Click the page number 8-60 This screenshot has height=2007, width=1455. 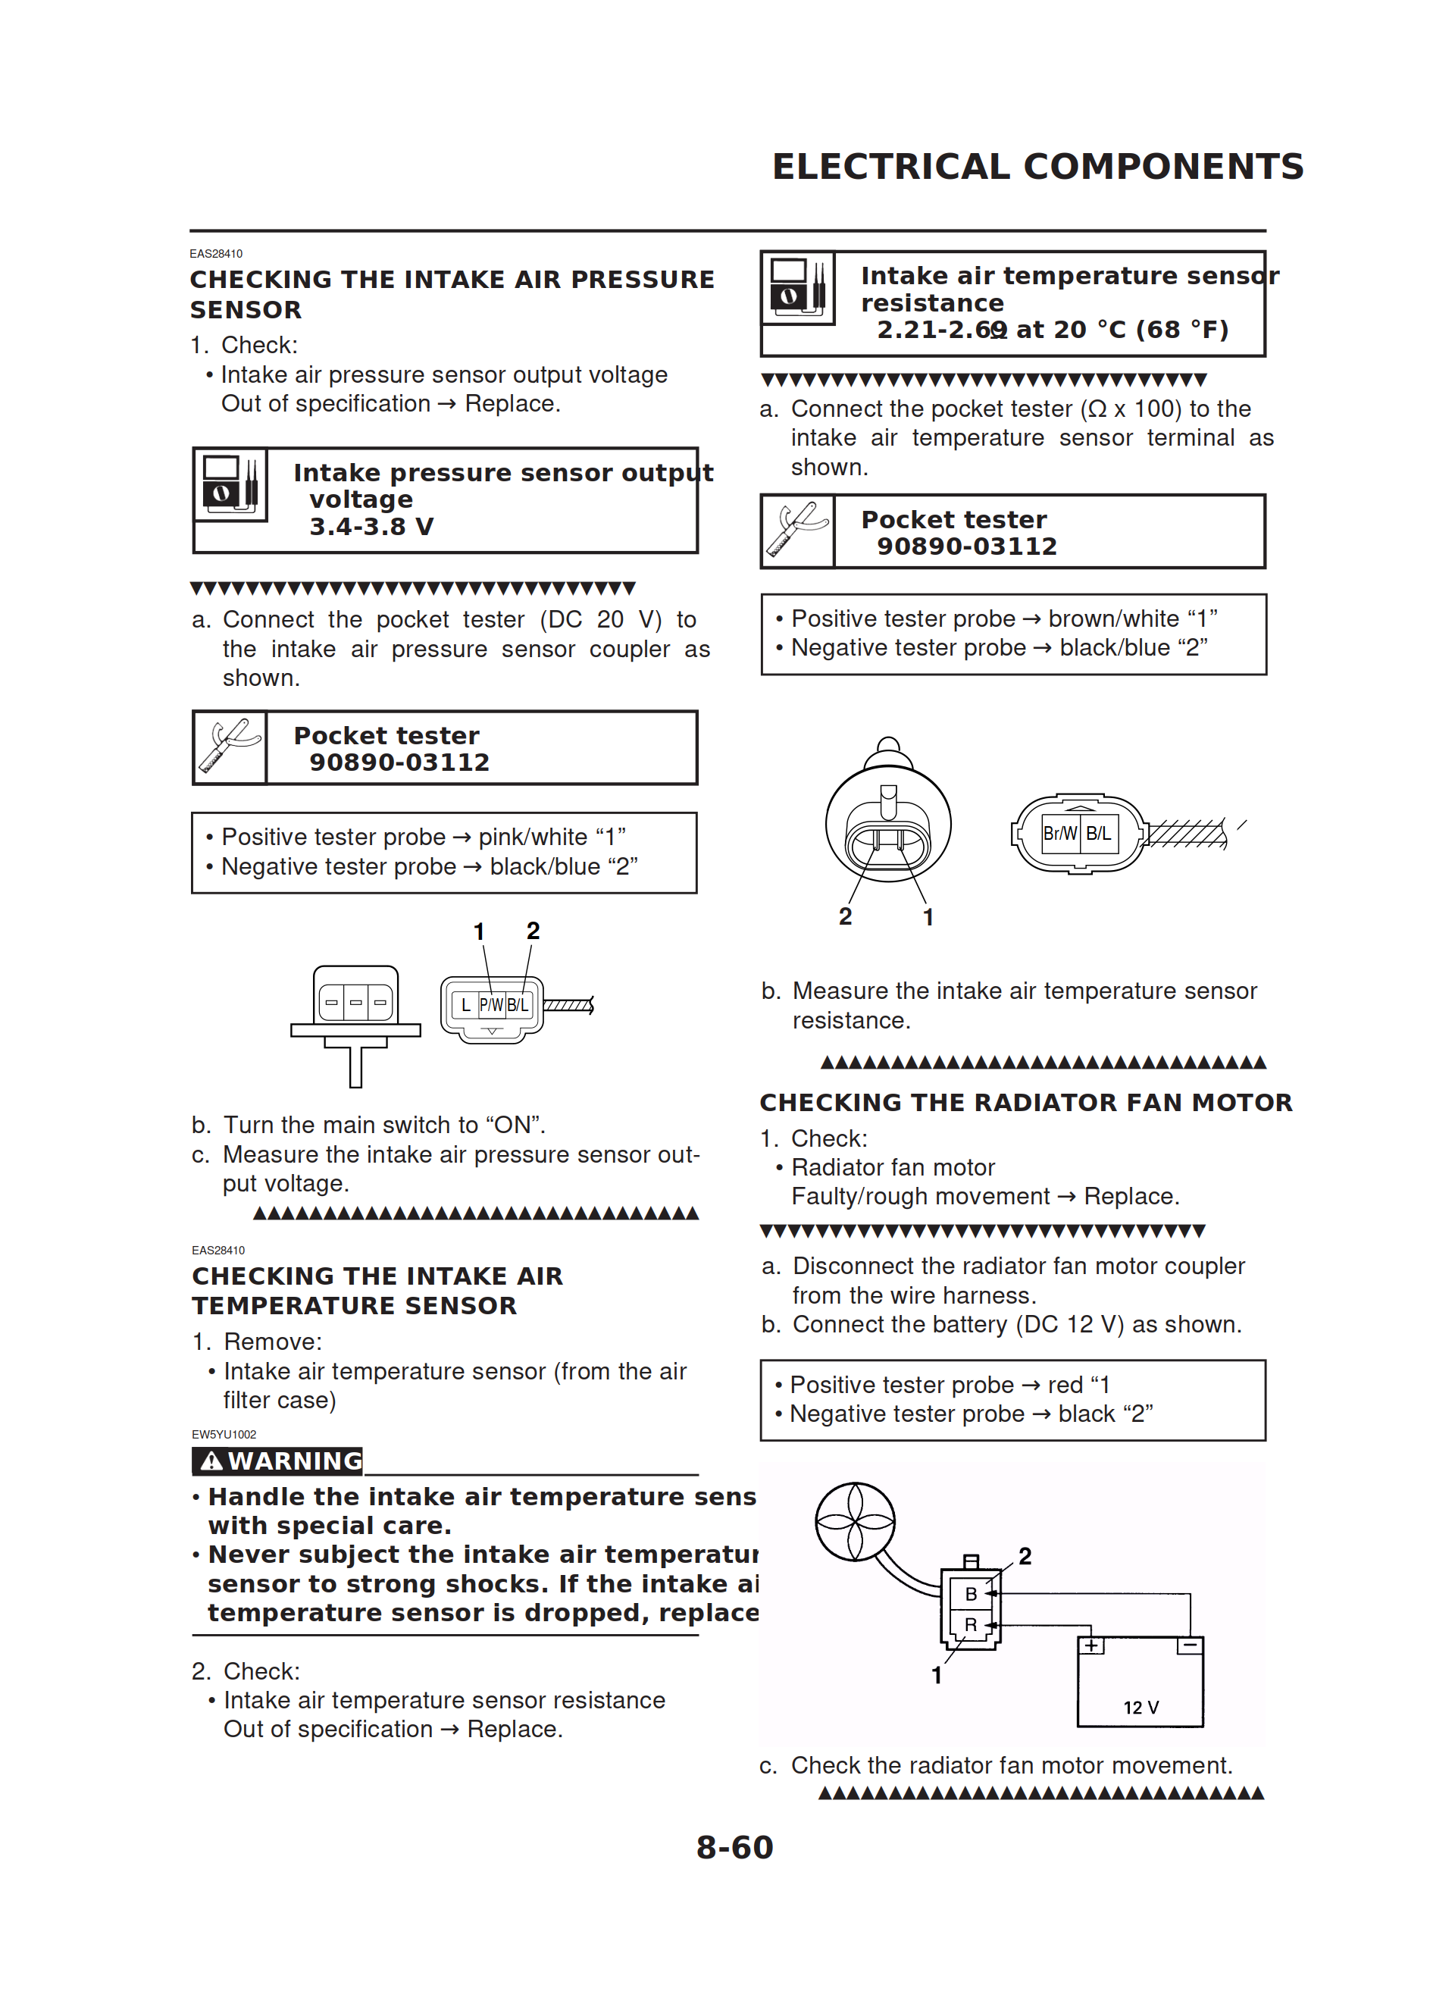pyautogui.click(x=734, y=1847)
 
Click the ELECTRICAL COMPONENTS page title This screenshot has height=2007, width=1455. pyautogui.click(x=1037, y=166)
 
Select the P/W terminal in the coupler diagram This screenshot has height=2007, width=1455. pyautogui.click(x=491, y=1005)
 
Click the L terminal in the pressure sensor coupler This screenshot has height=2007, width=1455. pyautogui.click(x=465, y=1005)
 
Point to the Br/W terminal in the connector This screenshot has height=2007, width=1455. pyautogui.click(x=1059, y=834)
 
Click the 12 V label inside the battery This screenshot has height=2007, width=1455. pyautogui.click(x=1140, y=1707)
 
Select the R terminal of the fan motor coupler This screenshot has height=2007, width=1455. pyautogui.click(x=971, y=1625)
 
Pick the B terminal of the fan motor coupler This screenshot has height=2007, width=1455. pyautogui.click(x=971, y=1594)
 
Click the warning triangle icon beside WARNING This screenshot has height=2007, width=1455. pyautogui.click(x=211, y=1461)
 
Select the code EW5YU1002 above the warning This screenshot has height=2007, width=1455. pyautogui.click(x=224, y=1435)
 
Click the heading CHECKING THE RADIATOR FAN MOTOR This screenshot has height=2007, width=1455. pyautogui.click(x=1026, y=1103)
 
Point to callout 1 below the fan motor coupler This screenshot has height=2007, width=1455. pyautogui.click(x=937, y=1674)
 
